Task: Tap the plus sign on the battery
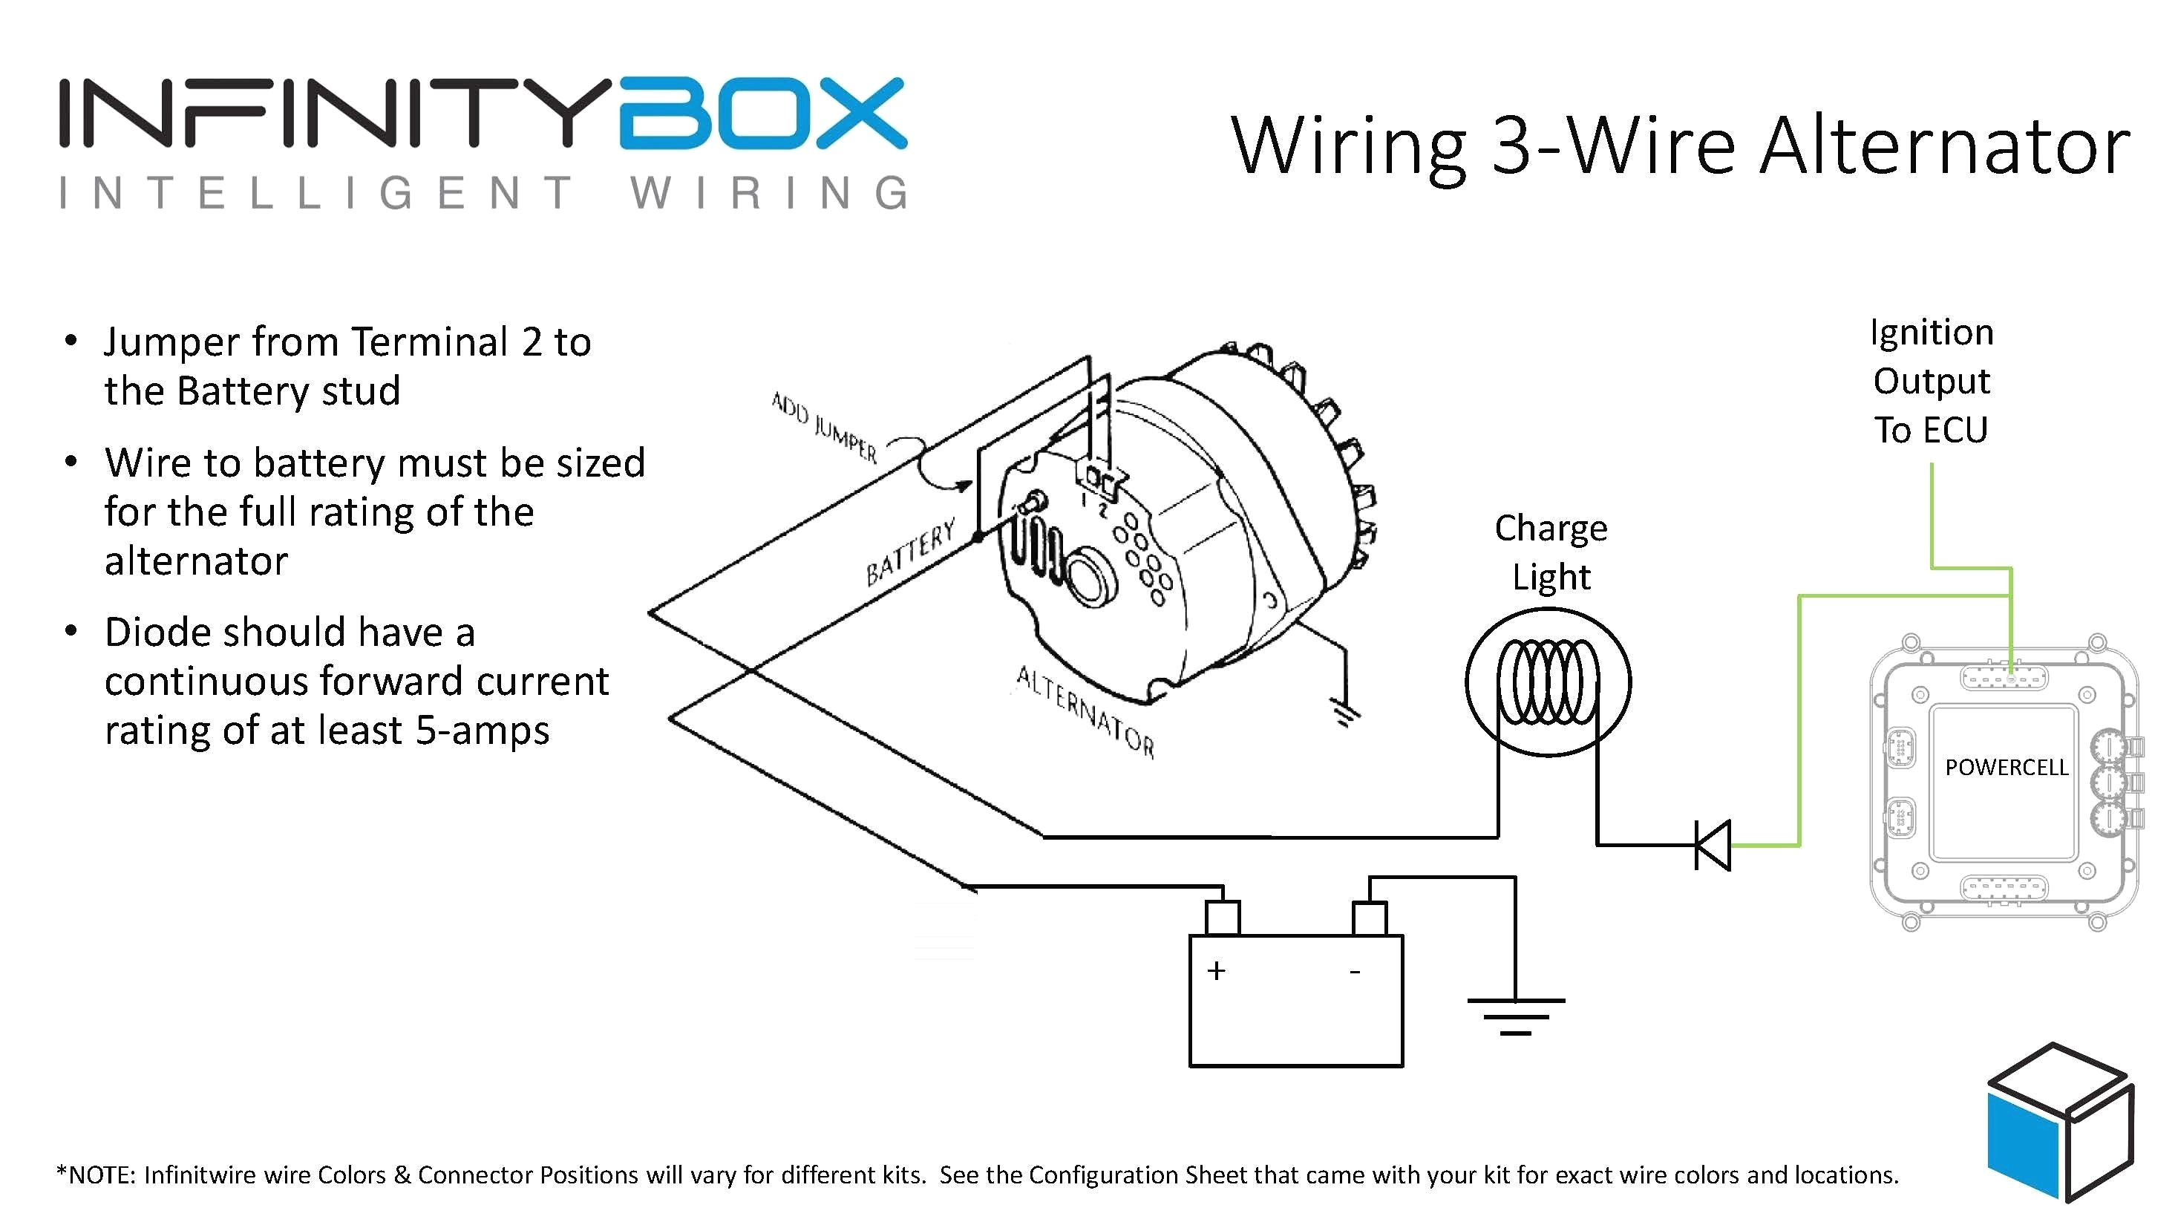[x=1216, y=970]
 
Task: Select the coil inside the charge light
[x=1547, y=682]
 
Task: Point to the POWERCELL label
[x=2006, y=768]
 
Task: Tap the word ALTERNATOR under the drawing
[x=1085, y=710]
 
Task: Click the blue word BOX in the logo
[x=762, y=114]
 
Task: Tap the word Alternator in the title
[x=1945, y=147]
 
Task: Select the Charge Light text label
[x=1551, y=552]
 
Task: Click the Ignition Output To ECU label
[x=1931, y=382]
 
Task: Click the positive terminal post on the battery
[x=1222, y=918]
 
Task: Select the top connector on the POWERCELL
[x=2003, y=677]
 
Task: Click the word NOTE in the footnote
[x=99, y=1175]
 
